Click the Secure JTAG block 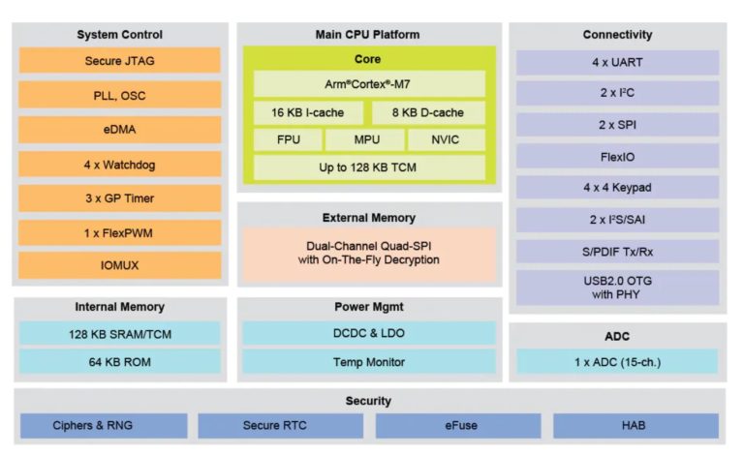[x=119, y=61]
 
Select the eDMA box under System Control [x=119, y=130]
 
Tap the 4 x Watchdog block [x=119, y=165]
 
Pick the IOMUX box [x=119, y=264]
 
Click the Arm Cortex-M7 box [x=368, y=84]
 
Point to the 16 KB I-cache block [x=307, y=112]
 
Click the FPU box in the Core [x=288, y=140]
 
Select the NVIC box [x=446, y=140]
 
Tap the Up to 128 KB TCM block [x=368, y=167]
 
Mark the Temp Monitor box [x=368, y=362]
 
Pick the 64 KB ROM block [x=119, y=362]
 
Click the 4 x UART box [x=617, y=62]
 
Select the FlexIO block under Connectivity [x=617, y=155]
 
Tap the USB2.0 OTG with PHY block [x=617, y=288]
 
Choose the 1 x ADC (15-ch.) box [x=617, y=362]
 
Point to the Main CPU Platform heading [x=368, y=35]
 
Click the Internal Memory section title [x=119, y=307]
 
